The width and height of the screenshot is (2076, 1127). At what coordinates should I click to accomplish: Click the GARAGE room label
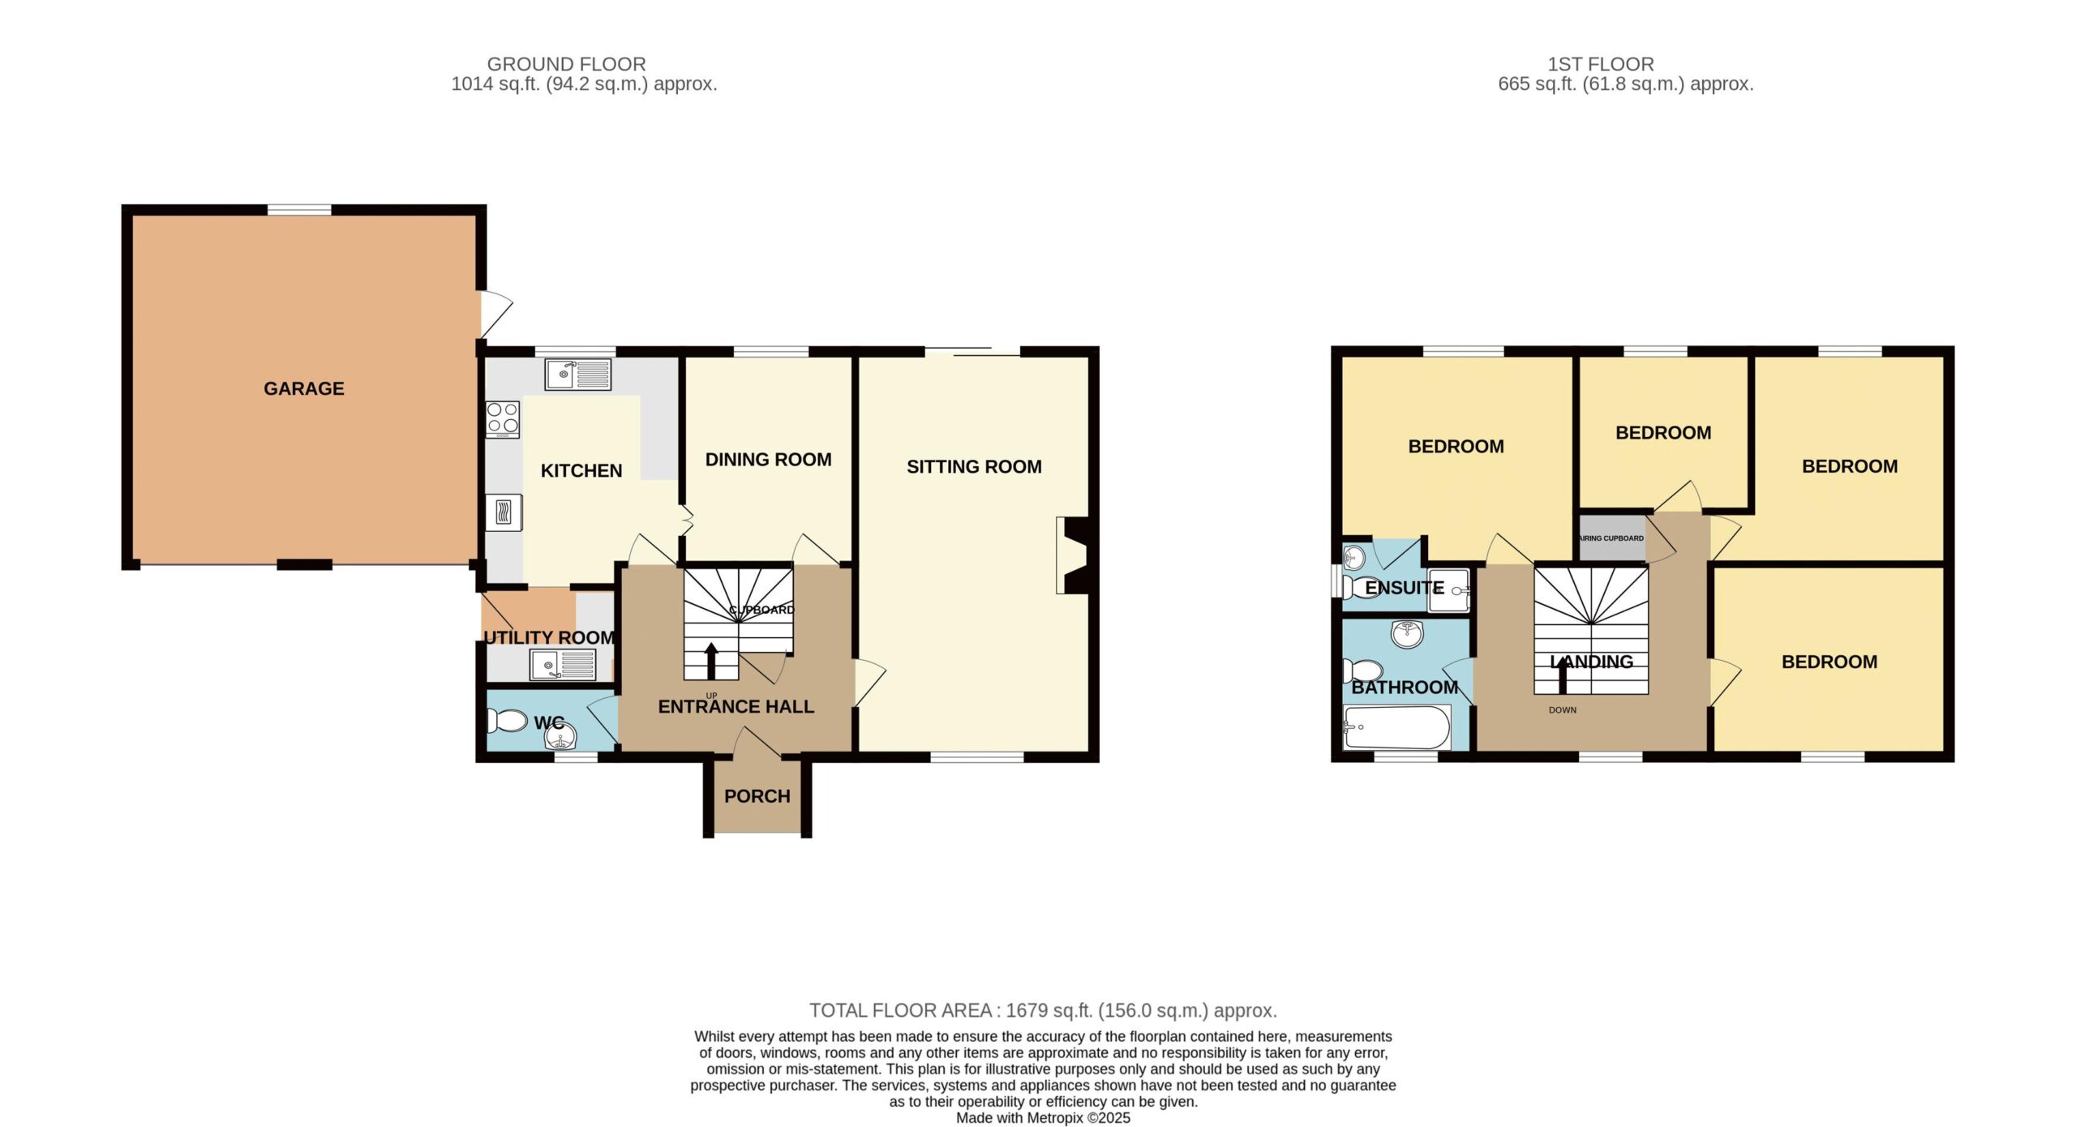click(304, 388)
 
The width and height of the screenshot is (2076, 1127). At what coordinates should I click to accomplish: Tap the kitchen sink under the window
click(578, 374)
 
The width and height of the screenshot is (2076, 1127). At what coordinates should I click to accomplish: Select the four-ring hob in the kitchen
click(503, 420)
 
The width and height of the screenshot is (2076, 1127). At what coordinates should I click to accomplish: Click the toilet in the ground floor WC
click(508, 720)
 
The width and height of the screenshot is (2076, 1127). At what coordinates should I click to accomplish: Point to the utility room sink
click(563, 666)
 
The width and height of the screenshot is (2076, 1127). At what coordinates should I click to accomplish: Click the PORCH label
click(757, 796)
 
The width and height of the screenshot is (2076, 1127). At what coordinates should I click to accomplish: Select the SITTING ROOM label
click(974, 466)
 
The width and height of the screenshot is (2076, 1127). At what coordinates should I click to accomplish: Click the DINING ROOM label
click(769, 460)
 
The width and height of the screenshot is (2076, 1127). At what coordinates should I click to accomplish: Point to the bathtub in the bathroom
click(1396, 727)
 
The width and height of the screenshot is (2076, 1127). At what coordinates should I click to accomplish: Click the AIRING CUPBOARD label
click(1611, 538)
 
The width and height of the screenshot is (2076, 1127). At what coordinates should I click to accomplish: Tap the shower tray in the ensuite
click(1448, 590)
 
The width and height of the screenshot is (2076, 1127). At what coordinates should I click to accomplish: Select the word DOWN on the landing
click(1563, 710)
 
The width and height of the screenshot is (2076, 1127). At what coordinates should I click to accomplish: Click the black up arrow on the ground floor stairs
click(711, 661)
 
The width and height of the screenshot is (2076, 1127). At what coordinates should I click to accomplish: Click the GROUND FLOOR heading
click(566, 64)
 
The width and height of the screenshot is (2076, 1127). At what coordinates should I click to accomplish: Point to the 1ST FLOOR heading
click(1601, 64)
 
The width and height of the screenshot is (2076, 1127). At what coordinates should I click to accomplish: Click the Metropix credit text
click(1043, 1118)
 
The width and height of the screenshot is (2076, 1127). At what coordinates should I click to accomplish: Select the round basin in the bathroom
click(1408, 633)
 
